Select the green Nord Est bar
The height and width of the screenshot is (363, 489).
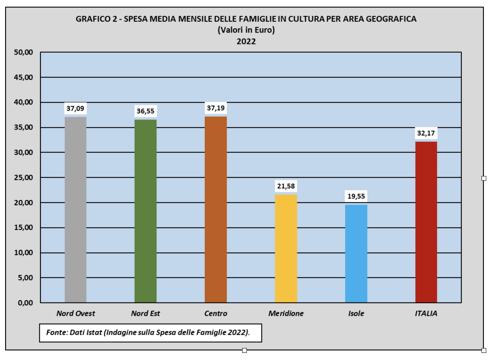145,211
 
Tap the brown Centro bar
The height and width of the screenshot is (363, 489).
215,209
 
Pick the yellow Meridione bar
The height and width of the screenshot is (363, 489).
286,248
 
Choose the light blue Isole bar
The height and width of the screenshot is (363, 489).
356,253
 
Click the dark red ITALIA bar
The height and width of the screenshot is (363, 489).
426,222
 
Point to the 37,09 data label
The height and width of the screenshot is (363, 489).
75,108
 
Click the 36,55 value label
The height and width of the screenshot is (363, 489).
145,111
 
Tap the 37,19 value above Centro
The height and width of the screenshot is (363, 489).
215,108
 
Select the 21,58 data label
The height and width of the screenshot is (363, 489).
286,186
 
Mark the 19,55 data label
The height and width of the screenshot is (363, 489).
356,196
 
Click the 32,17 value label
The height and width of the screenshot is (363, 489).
426,133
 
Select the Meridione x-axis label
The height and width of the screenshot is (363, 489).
286,313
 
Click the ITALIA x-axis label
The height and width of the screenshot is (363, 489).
426,313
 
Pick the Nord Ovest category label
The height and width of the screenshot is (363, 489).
75,313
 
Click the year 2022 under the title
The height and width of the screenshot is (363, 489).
246,41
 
